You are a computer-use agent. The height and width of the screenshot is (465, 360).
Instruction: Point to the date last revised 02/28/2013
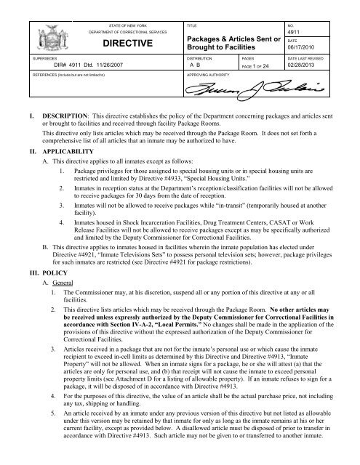(x=316, y=64)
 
